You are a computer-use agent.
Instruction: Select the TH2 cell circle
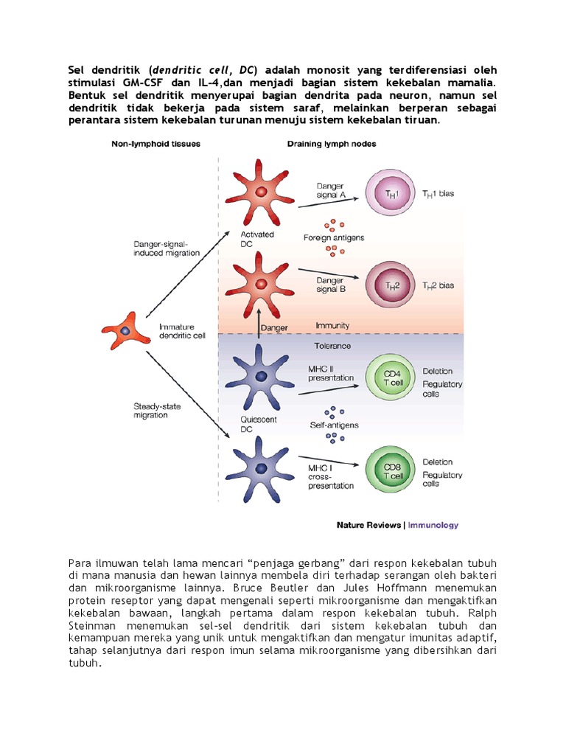[393, 284]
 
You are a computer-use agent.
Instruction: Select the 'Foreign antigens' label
[333, 237]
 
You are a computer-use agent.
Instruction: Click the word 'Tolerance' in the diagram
[333, 345]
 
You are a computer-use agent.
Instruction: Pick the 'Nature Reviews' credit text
[368, 526]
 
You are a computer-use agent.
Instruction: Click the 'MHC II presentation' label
[329, 372]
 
